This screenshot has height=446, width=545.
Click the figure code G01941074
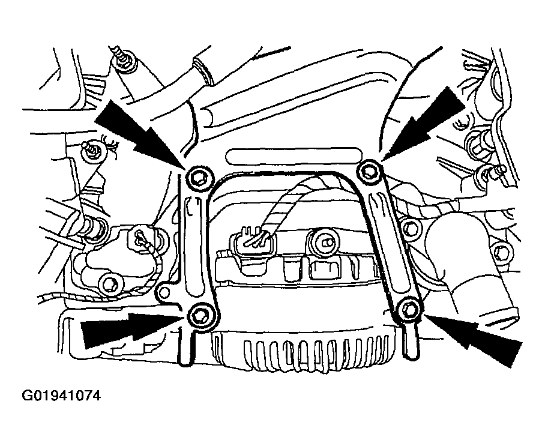[61, 396]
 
